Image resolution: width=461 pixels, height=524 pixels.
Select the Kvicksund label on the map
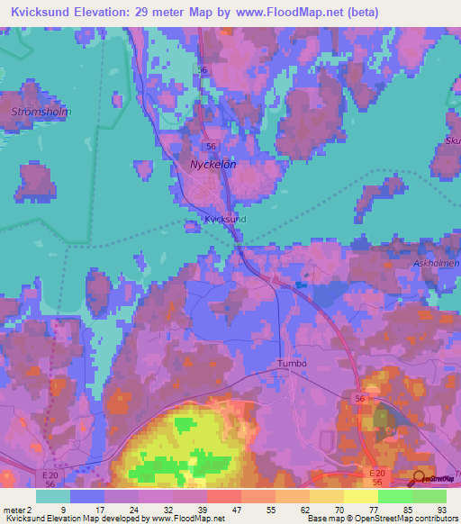click(225, 219)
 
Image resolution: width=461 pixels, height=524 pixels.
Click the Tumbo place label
click(291, 364)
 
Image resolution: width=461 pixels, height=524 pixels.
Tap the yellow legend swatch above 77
click(360, 496)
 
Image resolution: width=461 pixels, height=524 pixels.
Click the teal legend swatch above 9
click(52, 496)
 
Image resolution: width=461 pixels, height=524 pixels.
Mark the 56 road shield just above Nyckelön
click(211, 145)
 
